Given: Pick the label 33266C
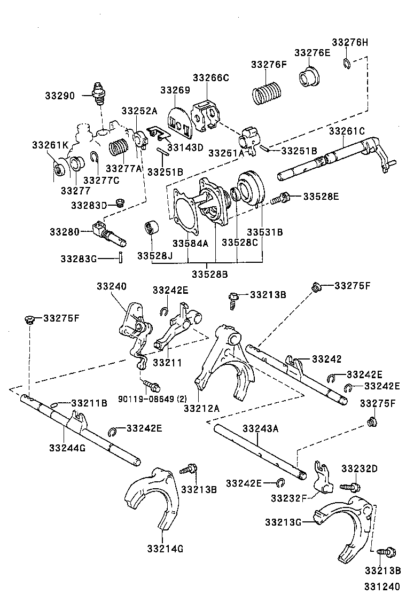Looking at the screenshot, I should coord(210,77).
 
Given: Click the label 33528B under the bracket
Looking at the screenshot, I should coord(210,275).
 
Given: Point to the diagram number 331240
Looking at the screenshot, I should coord(381,586).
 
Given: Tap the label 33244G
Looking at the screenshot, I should coord(67,447).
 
